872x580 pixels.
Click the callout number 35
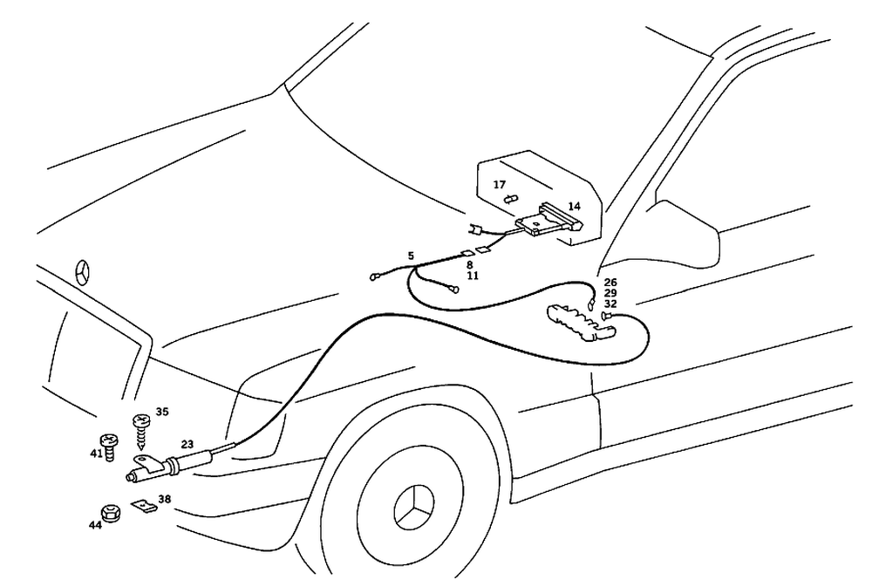pos(161,411)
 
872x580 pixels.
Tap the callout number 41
pos(96,454)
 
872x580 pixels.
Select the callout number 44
pos(94,525)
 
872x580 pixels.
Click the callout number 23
pos(187,444)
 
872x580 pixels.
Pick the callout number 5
pos(410,256)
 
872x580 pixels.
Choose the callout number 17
pos(500,184)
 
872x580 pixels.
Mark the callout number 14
pos(573,207)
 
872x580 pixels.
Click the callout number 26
pos(610,282)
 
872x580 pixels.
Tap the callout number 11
pos(472,276)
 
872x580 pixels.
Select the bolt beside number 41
pos(110,447)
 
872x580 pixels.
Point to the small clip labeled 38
pos(143,506)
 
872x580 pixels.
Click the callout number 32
pos(610,304)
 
